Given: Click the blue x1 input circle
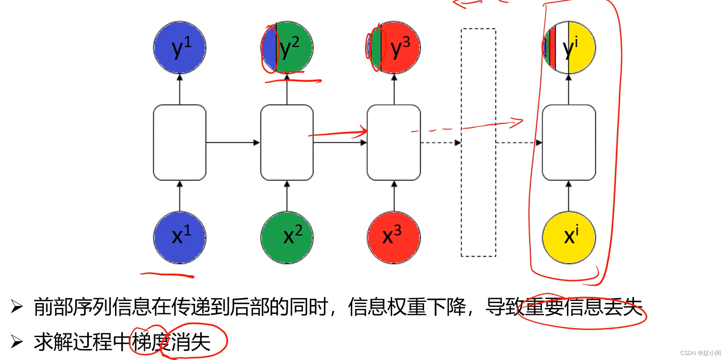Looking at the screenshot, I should coord(179,238).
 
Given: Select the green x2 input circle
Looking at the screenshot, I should coord(287,238).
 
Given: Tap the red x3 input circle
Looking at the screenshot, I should coord(394,238).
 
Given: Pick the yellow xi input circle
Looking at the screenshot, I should coord(569,238).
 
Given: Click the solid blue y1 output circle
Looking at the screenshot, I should coord(179,48).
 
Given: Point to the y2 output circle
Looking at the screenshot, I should coord(287,48).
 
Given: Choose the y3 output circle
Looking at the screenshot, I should coord(394,48).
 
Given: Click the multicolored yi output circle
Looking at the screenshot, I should coord(569,48).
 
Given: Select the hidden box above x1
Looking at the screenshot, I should coord(179,143).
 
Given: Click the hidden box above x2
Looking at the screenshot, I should coord(287,143).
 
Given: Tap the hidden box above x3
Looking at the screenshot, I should coord(394,143).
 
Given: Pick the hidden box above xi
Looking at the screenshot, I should coord(569,143).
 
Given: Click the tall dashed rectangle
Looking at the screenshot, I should coord(479,143).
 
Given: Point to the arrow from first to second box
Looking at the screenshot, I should coord(233,143).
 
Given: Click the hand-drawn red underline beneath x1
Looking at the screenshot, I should coord(167,275).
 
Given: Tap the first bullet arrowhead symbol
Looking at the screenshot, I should coord(17,306).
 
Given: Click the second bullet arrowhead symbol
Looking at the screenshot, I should coord(17,341).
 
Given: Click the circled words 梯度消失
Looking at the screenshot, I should coord(171,342).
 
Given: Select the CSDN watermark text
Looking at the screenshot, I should coord(700,353).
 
